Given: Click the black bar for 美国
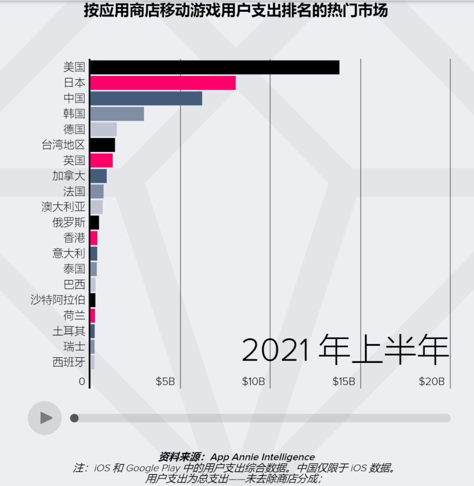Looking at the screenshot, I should pos(215,67).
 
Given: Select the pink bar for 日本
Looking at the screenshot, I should pos(163,83).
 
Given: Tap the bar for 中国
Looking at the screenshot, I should pos(146,98).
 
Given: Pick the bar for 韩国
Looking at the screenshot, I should pos(117,114).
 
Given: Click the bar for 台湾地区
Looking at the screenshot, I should pos(103,145).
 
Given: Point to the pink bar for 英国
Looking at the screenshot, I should pos(101,161).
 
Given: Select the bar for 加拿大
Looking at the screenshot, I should pos(98,176).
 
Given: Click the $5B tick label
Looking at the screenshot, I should pos(165,382).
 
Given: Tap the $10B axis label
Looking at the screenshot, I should pos(253,382).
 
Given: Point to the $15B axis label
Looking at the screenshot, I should pos(343,382).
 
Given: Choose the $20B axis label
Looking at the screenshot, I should pos(431,382).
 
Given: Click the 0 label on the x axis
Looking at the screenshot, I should pos(82,382).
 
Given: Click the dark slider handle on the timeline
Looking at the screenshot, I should pos(75,418).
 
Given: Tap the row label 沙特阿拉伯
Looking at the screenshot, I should pos(57,300).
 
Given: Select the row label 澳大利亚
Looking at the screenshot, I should pos(63,207).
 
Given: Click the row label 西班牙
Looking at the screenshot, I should pos(68,362).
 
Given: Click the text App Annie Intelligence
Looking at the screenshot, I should pos(262,457).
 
